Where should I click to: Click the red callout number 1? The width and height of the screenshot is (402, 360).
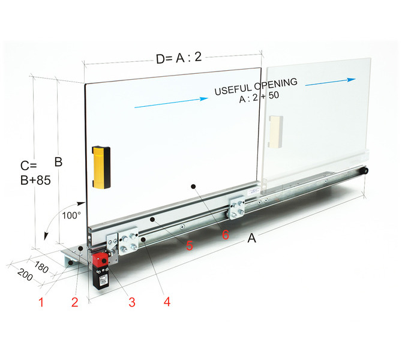[41, 302]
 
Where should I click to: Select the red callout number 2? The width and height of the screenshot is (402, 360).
[74, 302]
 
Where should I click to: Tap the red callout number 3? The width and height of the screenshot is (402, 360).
[132, 302]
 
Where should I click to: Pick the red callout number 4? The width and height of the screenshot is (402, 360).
[167, 302]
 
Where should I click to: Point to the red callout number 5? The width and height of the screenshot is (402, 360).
[190, 245]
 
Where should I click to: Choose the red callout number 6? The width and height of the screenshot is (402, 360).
[226, 235]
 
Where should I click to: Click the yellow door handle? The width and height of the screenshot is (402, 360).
[101, 167]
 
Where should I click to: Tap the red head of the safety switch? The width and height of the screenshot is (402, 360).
[101, 260]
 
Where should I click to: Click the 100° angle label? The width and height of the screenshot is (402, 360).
[71, 215]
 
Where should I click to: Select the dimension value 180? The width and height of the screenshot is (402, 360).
[41, 267]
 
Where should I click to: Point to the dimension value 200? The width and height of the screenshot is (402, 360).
[25, 275]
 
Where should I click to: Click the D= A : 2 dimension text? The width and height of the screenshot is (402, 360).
[179, 58]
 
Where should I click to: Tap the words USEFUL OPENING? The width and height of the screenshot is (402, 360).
[256, 86]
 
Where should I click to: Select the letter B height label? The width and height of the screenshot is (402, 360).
[58, 162]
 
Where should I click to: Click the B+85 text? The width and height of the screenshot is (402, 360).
[35, 180]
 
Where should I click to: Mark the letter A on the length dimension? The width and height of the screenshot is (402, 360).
[251, 238]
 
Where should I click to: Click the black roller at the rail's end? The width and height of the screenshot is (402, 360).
[364, 171]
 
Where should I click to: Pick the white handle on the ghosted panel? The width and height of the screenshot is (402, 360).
[275, 131]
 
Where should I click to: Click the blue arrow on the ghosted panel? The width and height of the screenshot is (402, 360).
[331, 82]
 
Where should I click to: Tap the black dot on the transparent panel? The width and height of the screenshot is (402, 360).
[193, 187]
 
